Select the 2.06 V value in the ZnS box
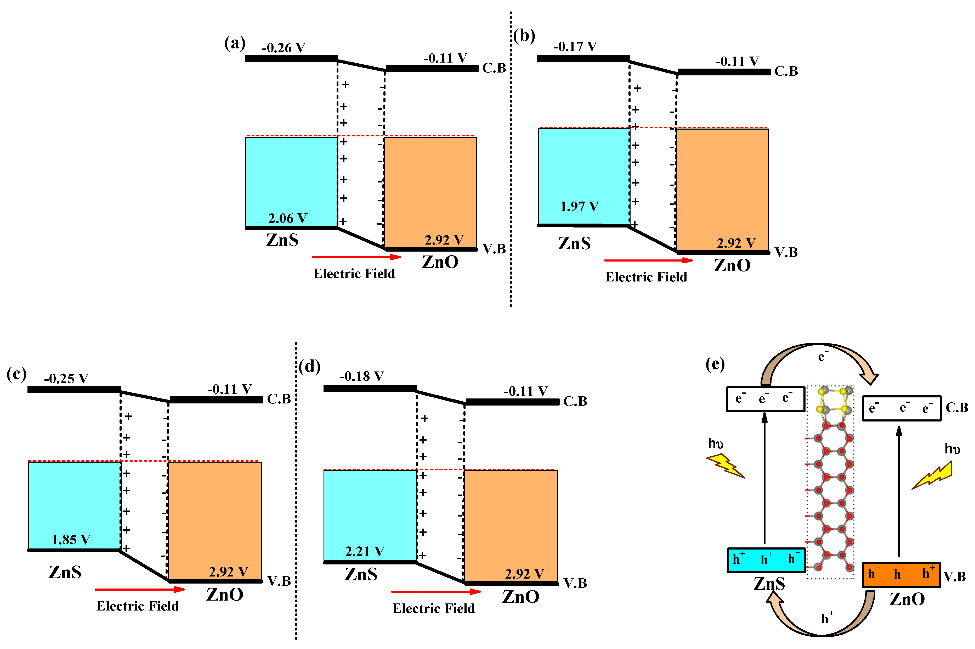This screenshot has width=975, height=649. [x=288, y=218]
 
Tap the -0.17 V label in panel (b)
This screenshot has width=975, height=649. [x=575, y=46]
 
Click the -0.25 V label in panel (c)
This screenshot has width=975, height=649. [x=66, y=378]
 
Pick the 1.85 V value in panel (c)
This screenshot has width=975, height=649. [x=71, y=539]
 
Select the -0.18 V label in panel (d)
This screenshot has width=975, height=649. [x=361, y=376]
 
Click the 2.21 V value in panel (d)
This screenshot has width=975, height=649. [x=365, y=551]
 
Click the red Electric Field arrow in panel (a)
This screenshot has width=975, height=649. [x=356, y=257]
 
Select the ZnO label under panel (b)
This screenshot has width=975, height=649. [x=732, y=265]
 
